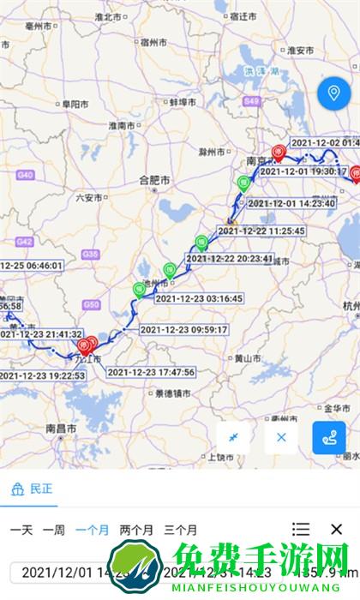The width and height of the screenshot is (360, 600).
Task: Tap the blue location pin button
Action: tap(331, 94)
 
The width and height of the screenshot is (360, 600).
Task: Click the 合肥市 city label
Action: tap(154, 180)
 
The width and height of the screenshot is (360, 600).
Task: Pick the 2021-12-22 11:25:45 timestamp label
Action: tap(261, 231)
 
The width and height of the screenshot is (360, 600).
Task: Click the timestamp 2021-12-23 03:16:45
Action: tap(199, 298)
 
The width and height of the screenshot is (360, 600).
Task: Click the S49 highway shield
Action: tap(251, 101)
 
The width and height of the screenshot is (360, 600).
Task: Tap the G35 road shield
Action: tap(91, 254)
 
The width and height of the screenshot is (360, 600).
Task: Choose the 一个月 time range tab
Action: tap(92, 530)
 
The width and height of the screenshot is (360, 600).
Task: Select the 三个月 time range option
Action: tap(180, 530)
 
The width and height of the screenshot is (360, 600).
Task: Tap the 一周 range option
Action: tap(53, 530)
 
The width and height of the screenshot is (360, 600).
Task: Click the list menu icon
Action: tap(301, 530)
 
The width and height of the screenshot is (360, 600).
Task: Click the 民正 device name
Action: tap(40, 489)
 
